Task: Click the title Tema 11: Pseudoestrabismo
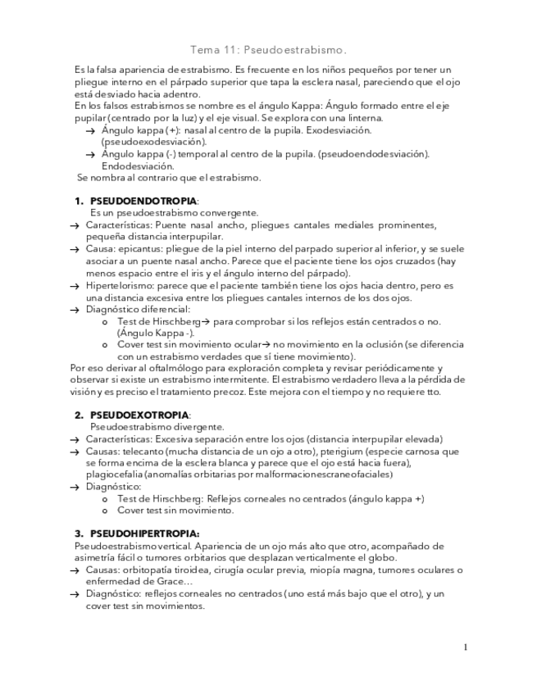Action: pyautogui.click(x=268, y=50)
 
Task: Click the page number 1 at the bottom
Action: pyautogui.click(x=466, y=647)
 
